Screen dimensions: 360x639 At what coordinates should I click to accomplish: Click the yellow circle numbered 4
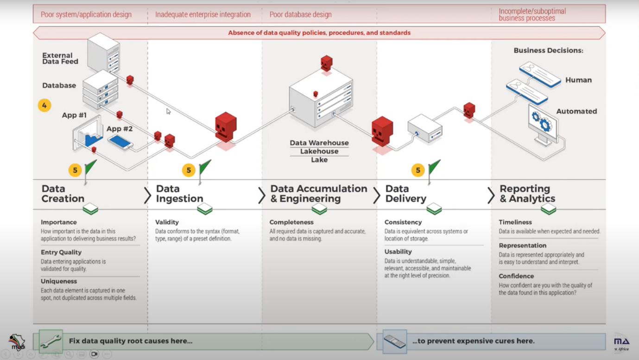tap(44, 106)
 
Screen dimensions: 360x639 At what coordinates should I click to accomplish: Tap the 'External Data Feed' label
tap(60, 58)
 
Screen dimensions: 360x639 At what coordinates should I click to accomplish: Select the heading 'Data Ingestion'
tap(179, 194)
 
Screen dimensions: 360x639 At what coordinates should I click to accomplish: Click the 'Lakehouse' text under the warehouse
tap(319, 152)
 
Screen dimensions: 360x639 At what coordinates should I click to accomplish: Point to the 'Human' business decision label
tap(578, 80)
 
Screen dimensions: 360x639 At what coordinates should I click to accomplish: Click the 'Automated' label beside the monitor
tap(576, 111)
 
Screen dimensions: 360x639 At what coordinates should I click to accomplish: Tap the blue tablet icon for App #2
tap(120, 141)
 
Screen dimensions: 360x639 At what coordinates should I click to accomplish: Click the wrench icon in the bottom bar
tap(51, 341)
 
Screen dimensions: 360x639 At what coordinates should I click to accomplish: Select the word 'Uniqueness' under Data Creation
tap(59, 281)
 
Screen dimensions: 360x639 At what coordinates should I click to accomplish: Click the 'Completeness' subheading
tap(291, 222)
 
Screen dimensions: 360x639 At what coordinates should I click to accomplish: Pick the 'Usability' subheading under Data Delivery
tap(398, 252)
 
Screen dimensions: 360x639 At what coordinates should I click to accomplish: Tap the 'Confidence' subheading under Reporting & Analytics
tap(516, 276)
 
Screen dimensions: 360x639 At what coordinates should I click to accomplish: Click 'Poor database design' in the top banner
tap(300, 14)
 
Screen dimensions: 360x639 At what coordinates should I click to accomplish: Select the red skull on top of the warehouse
tap(327, 63)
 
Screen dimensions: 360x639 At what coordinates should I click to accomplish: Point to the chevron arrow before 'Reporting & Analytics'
tap(491, 196)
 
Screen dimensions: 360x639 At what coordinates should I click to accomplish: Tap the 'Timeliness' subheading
tap(515, 222)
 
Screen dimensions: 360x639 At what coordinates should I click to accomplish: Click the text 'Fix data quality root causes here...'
tap(130, 341)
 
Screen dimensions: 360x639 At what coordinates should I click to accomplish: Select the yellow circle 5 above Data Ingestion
tap(189, 171)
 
